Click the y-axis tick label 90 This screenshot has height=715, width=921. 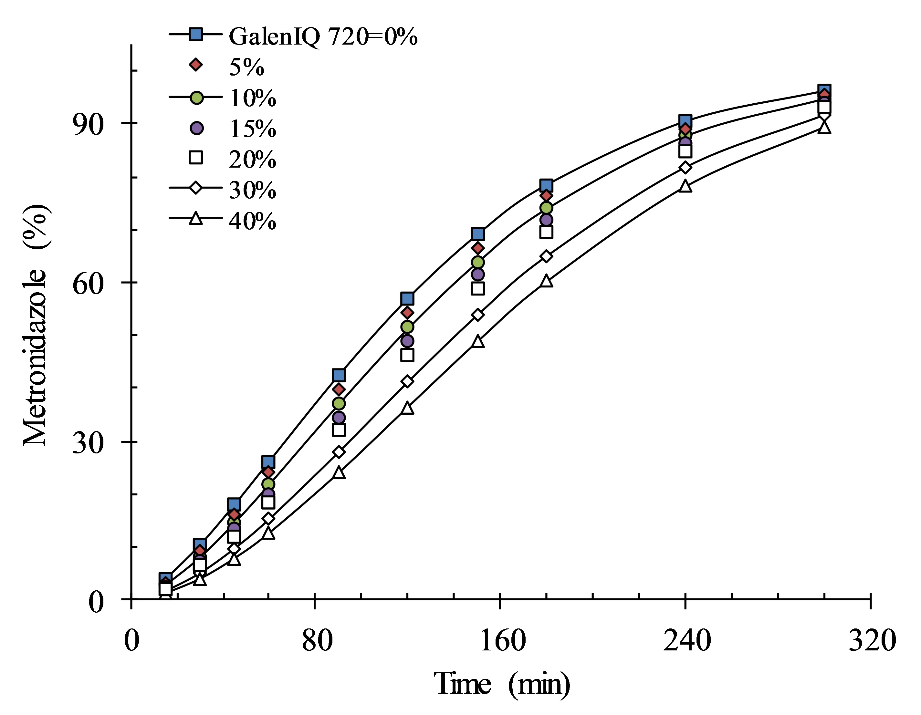tap(88, 124)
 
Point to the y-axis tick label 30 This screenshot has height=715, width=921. tap(88, 443)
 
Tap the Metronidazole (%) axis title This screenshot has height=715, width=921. tap(36, 325)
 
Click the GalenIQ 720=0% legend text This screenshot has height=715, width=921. tap(323, 36)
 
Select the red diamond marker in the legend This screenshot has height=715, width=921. tap(196, 65)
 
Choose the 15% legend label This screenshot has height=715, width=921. tap(252, 129)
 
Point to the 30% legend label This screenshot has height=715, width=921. tap(252, 190)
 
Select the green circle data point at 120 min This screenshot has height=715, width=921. tap(407, 327)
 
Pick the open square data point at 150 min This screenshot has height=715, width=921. tap(478, 288)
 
